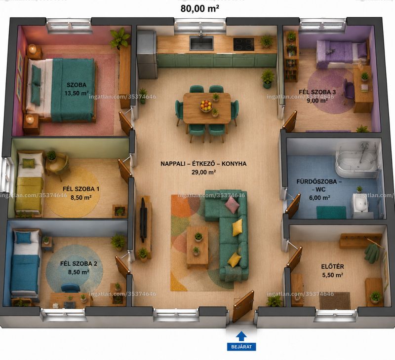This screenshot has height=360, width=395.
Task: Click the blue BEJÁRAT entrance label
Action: (x=241, y=347)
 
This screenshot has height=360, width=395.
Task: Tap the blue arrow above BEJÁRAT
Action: (x=241, y=336)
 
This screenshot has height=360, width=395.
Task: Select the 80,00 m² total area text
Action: (x=199, y=8)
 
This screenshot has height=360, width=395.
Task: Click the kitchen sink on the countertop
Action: (x=201, y=42)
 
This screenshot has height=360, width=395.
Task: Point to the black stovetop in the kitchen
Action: (x=243, y=44)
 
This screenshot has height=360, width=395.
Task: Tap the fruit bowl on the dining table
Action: (x=206, y=106)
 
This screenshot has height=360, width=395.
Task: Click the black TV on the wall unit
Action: (x=143, y=220)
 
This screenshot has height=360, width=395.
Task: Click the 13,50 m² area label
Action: (x=77, y=93)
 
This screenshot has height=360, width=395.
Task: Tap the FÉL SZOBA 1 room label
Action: (x=81, y=189)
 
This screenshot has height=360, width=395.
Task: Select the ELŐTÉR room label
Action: (x=332, y=266)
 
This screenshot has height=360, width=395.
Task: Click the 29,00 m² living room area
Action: (x=203, y=172)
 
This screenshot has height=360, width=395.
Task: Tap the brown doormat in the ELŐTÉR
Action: (x=335, y=300)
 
